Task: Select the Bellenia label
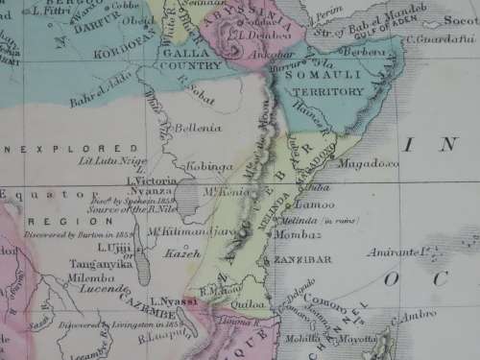coord(198,127)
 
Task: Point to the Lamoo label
coord(317,204)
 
